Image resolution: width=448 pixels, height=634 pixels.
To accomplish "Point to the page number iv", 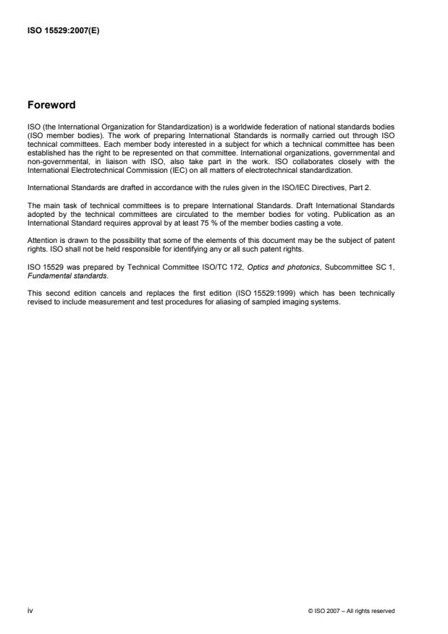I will pos(30,611).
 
